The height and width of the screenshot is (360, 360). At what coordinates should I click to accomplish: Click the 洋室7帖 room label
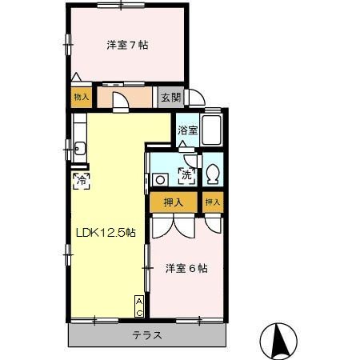(127, 45)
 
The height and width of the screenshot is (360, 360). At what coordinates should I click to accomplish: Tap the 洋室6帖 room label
(186, 269)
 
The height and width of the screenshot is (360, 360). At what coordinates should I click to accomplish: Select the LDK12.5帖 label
(105, 233)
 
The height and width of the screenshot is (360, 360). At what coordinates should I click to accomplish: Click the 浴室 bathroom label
(186, 129)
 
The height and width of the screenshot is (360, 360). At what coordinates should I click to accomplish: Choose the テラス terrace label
(147, 335)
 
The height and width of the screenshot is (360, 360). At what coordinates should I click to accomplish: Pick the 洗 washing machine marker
(186, 174)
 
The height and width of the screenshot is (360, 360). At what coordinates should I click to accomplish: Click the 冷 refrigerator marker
(82, 181)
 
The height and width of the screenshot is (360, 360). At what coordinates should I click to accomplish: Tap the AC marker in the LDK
(139, 305)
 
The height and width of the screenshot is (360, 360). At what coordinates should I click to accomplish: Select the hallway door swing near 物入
(117, 101)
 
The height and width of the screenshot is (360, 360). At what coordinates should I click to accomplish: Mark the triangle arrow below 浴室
(185, 145)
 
